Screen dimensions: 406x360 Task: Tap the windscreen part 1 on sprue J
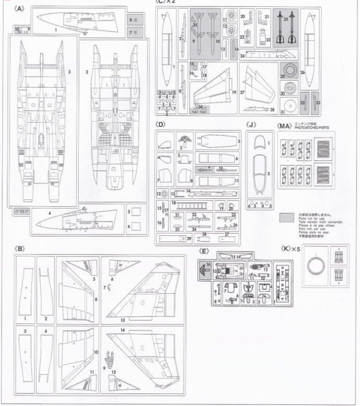[259, 143]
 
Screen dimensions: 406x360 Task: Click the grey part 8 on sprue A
[132, 20]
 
